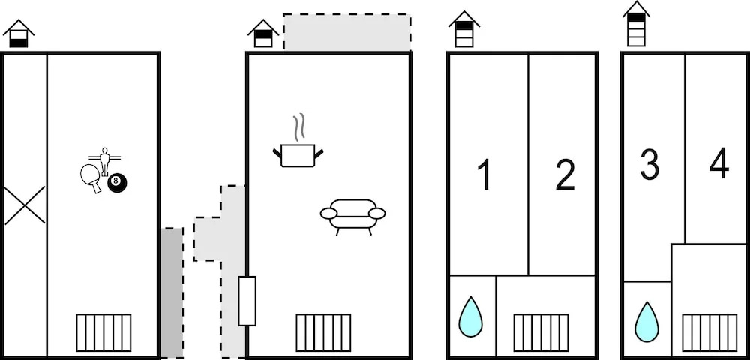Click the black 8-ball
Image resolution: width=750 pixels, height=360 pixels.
click(x=117, y=183)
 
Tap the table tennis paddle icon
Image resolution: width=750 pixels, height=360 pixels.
click(x=91, y=177)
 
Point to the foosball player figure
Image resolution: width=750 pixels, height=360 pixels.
click(x=104, y=161)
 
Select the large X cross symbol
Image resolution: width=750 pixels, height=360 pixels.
click(x=25, y=205)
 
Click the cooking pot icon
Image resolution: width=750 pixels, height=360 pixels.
click(x=298, y=155)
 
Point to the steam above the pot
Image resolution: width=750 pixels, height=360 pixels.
click(x=299, y=127)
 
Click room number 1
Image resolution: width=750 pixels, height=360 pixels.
click(x=485, y=175)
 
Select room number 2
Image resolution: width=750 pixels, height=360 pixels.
click(x=565, y=175)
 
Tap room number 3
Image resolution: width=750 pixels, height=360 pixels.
click(x=649, y=164)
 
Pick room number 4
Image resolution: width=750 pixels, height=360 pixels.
click(x=719, y=163)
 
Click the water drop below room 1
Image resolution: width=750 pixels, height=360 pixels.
click(x=471, y=316)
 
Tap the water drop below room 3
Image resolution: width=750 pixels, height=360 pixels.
click(x=646, y=321)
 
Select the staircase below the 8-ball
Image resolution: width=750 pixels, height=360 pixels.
click(x=103, y=333)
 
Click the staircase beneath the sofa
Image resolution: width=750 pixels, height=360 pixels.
click(x=323, y=333)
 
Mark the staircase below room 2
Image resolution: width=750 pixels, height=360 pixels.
click(x=541, y=333)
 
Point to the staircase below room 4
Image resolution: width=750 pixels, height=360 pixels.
click(x=709, y=333)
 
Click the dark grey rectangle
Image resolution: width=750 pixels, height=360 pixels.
click(x=172, y=293)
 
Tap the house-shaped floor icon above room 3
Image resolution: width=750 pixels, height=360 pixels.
click(x=636, y=24)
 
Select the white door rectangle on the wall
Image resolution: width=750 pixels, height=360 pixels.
click(x=247, y=301)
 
